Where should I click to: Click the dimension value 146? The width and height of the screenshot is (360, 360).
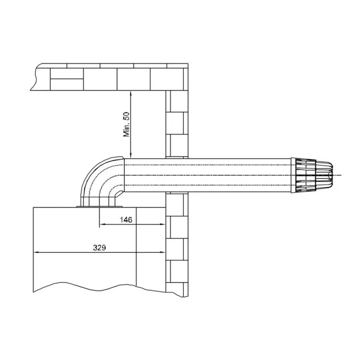(126, 220)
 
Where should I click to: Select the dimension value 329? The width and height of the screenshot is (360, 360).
(100, 248)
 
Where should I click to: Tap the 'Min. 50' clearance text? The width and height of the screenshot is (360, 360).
(126, 124)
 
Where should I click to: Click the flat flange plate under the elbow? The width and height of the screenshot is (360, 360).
(99, 207)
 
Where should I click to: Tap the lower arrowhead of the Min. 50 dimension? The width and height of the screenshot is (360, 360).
(131, 156)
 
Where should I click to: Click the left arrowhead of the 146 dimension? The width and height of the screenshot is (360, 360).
(102, 224)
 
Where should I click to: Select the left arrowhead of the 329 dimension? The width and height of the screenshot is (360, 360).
(37, 252)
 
